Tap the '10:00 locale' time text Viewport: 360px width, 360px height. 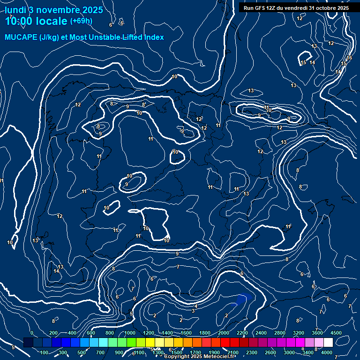tap(36, 21)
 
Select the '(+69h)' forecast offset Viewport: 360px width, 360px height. tap(81, 21)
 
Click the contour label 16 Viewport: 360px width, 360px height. tap(349, 58)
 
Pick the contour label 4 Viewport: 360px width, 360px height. tap(196, 306)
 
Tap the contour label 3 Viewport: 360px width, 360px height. tap(193, 311)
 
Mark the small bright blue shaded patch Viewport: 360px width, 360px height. tap(243, 299)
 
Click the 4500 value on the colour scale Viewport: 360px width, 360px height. tap(336, 333)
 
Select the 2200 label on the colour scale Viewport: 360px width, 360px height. tap(242, 333)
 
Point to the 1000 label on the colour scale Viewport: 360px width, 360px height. tap(130, 333)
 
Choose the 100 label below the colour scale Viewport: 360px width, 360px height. tap(45, 352)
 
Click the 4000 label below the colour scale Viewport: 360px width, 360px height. tap(327, 352)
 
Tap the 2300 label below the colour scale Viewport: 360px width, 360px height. tap(252, 352)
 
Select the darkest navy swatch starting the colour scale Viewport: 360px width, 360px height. tap(28, 343)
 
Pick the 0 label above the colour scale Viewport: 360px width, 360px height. tap(31, 333)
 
